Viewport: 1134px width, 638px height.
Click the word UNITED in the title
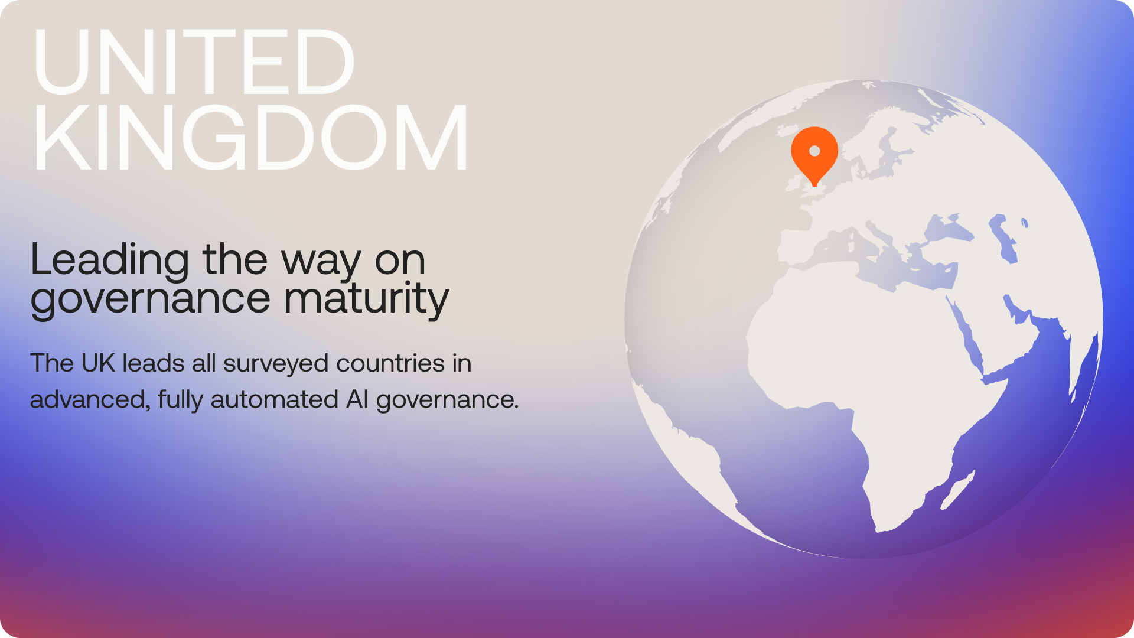point(194,61)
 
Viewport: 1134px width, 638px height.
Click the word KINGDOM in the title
point(251,137)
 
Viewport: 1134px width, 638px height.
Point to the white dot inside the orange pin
point(814,151)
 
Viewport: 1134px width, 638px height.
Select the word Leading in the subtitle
point(110,261)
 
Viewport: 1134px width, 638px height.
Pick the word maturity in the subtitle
point(366,299)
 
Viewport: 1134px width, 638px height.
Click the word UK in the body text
point(98,363)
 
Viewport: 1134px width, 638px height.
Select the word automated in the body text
point(274,400)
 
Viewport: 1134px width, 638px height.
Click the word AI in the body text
point(357,400)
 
